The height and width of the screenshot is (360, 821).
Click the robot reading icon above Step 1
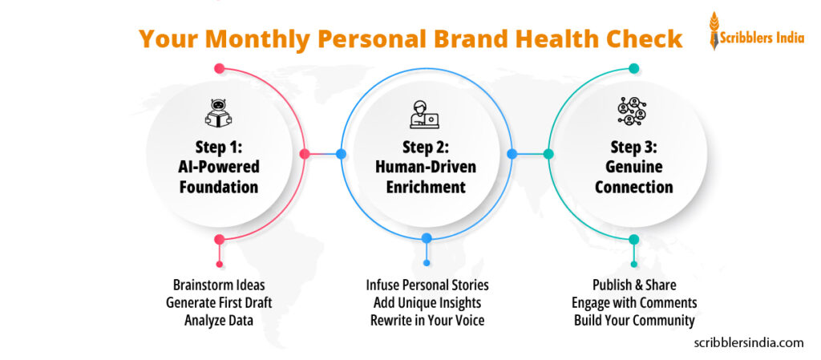(x=219, y=113)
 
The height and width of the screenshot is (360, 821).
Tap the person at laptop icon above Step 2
(x=426, y=114)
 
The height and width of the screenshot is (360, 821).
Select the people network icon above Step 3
(x=633, y=111)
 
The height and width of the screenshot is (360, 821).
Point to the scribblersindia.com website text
(x=748, y=342)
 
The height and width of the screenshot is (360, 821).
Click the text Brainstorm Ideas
(x=219, y=285)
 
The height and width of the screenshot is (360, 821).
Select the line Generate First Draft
(x=219, y=302)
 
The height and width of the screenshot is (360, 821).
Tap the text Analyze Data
(x=219, y=320)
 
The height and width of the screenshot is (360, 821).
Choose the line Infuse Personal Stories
(x=427, y=285)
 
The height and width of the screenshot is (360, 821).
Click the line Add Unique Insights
(x=427, y=302)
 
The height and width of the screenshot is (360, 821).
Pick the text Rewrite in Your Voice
(x=427, y=320)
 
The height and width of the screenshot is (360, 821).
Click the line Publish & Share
(x=633, y=285)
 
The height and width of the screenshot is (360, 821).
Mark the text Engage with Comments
(x=633, y=302)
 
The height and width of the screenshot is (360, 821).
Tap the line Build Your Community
(x=633, y=320)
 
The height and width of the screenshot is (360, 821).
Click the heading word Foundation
(x=219, y=188)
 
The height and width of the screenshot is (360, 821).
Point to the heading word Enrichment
(x=426, y=188)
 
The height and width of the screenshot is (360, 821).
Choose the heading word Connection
(x=633, y=188)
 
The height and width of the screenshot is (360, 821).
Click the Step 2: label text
(x=426, y=148)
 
